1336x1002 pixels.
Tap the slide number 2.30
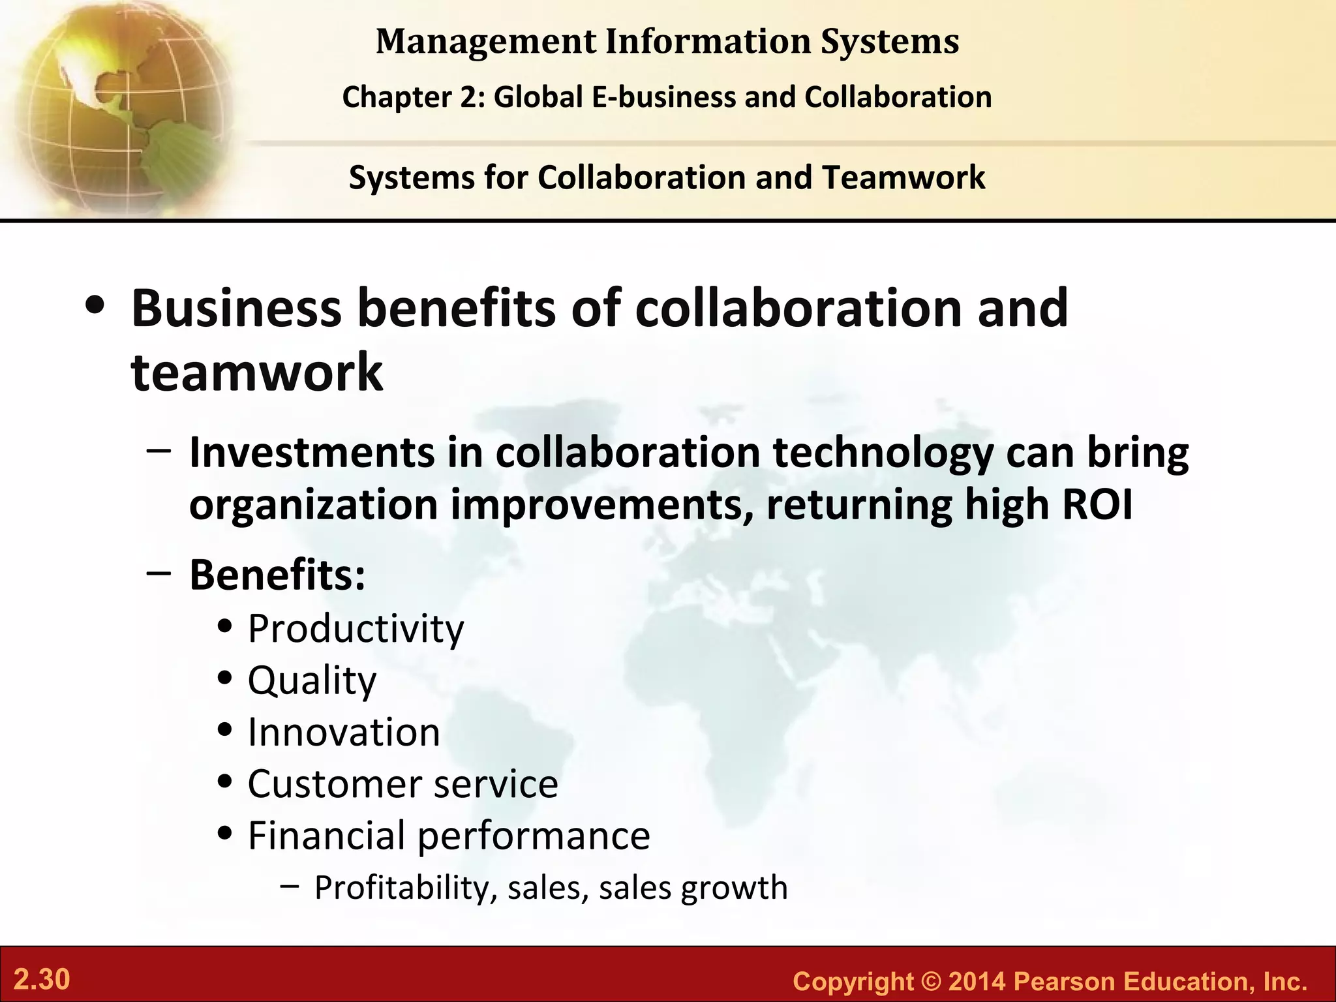42,980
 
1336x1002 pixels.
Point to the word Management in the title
486,42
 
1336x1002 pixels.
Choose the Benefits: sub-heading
277,575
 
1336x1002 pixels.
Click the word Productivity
356,629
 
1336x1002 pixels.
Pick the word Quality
312,681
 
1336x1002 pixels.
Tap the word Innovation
344,732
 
